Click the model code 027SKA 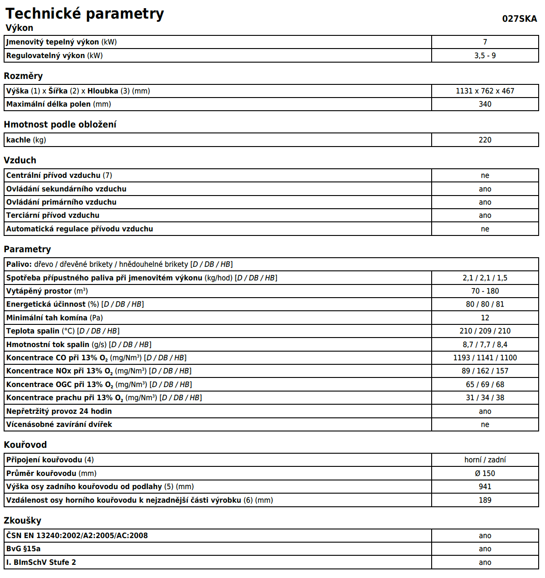click(519, 19)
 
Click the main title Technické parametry click(85, 14)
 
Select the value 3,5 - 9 click(485, 55)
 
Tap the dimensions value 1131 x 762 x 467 click(485, 91)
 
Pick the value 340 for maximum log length click(485, 104)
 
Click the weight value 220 click(485, 140)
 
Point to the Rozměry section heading click(23, 76)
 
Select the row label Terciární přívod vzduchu click(53, 215)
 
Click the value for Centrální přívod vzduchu click(485, 175)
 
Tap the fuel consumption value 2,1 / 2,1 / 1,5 click(485, 278)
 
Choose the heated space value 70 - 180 click(485, 291)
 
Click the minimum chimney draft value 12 click(485, 318)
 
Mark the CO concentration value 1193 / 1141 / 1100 click(485, 358)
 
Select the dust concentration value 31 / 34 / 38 click(485, 397)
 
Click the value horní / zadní click(485, 460)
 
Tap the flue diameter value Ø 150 click(485, 473)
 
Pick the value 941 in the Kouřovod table click(485, 486)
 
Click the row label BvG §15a click(24, 549)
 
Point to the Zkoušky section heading click(23, 520)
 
